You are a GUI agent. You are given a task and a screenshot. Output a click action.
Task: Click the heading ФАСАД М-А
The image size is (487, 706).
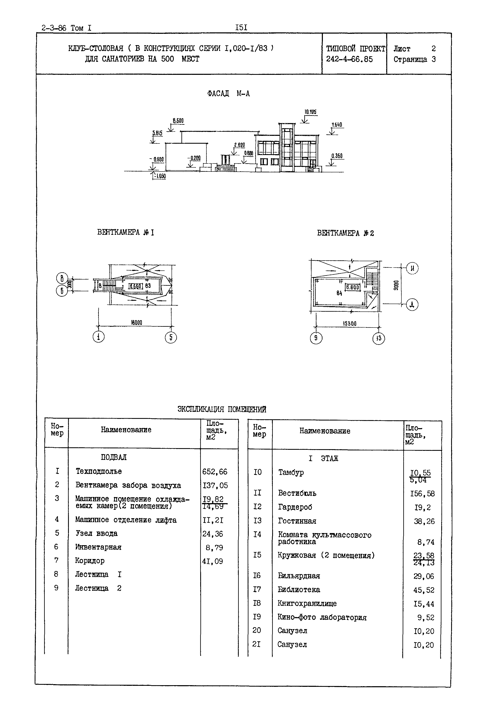(x=228, y=94)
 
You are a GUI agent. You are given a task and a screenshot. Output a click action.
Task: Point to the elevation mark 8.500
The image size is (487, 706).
(x=178, y=121)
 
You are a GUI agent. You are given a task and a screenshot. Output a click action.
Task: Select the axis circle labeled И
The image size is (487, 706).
(x=412, y=268)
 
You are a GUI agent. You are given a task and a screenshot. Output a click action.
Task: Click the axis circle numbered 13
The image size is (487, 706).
(x=379, y=339)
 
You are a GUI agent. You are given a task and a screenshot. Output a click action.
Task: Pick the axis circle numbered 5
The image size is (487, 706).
(x=171, y=337)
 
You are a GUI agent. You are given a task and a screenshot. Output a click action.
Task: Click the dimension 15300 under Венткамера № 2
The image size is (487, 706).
(x=350, y=324)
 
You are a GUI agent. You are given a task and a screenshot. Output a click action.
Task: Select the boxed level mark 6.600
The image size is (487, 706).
(x=352, y=287)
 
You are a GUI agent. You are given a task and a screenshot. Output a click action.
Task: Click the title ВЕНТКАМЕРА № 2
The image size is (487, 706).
(x=345, y=233)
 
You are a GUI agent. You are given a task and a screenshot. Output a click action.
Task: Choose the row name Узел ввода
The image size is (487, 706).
(x=96, y=533)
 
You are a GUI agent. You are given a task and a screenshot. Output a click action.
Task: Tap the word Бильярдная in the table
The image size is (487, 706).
(x=299, y=576)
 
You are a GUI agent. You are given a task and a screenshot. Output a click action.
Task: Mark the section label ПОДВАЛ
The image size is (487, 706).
(x=114, y=457)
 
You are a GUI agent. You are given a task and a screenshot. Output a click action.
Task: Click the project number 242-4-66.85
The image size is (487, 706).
(x=349, y=59)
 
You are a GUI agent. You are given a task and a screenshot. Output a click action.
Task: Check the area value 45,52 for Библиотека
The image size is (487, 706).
(x=423, y=590)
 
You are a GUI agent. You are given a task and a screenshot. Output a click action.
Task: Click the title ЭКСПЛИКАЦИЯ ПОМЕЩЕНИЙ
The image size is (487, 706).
(x=222, y=409)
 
